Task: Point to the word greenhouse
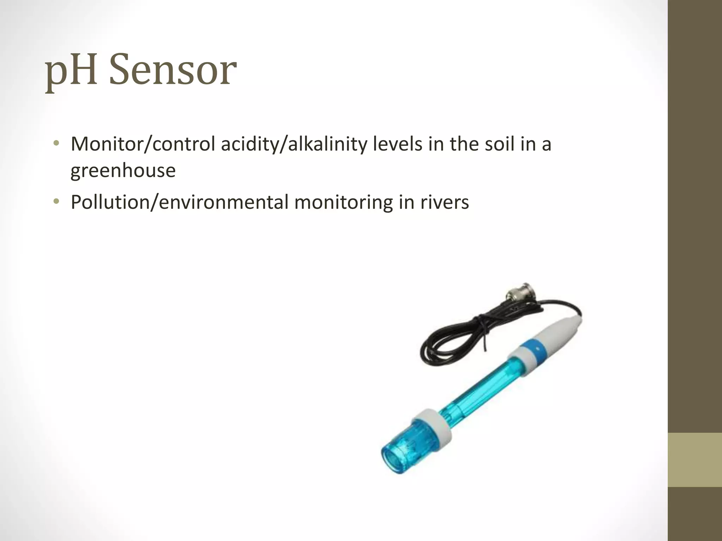pyautogui.click(x=123, y=171)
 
